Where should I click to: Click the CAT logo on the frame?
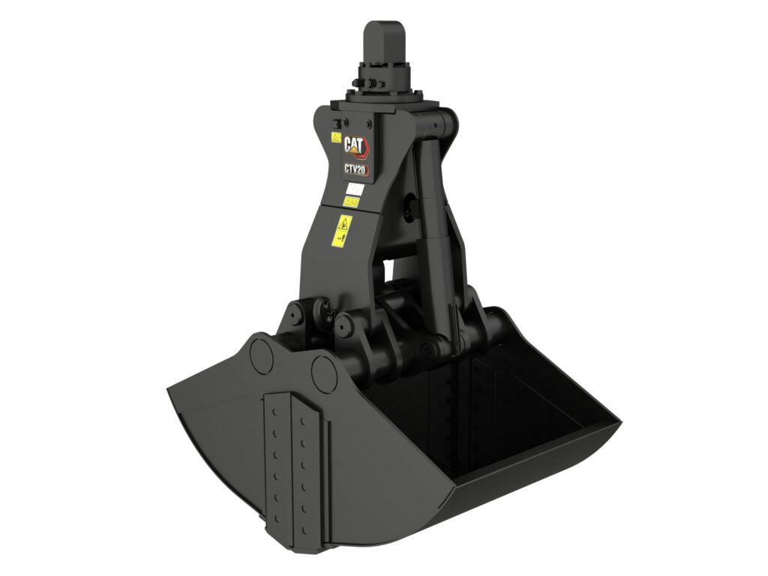(x=355, y=145)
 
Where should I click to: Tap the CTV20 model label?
(x=355, y=170)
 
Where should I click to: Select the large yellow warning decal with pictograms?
(x=343, y=227)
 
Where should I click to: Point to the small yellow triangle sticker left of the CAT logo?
(x=336, y=138)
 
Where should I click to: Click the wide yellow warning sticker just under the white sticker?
(x=350, y=202)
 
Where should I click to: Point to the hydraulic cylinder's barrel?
(x=434, y=217)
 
